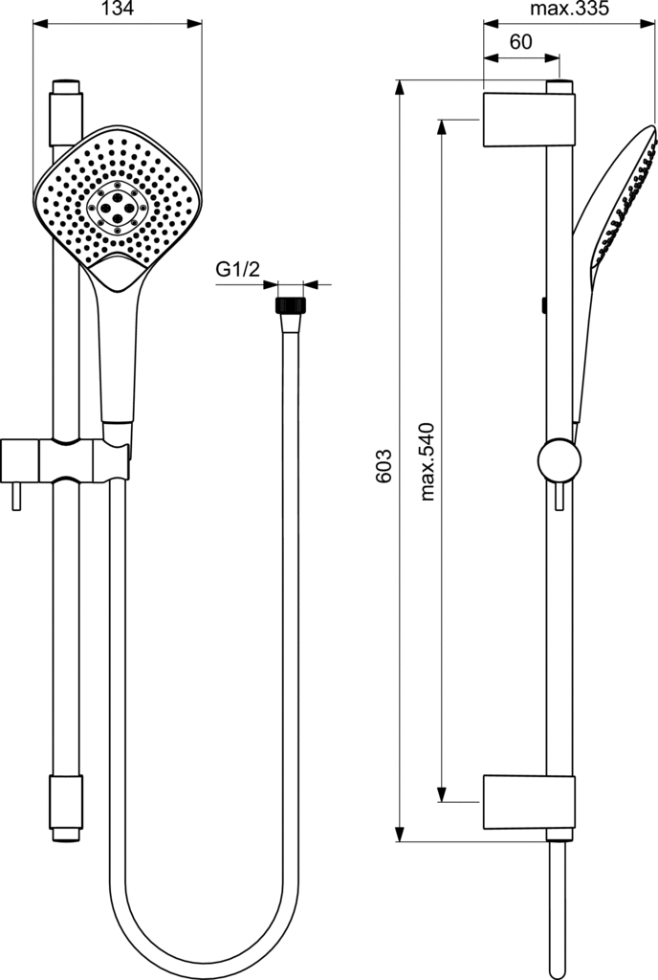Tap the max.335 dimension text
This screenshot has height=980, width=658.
point(569,9)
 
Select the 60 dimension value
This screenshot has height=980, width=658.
point(520,42)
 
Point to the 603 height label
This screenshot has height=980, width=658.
point(384,466)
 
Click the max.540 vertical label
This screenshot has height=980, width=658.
point(427,462)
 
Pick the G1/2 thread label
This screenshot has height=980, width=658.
point(238,270)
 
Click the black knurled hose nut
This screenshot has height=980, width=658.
point(291,305)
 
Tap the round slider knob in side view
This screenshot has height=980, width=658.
point(559,460)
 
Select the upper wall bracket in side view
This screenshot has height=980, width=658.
point(529,120)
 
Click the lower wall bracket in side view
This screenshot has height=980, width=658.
point(529,803)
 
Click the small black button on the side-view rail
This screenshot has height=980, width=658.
point(544,305)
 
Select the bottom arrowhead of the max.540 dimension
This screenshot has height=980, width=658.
point(441,793)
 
